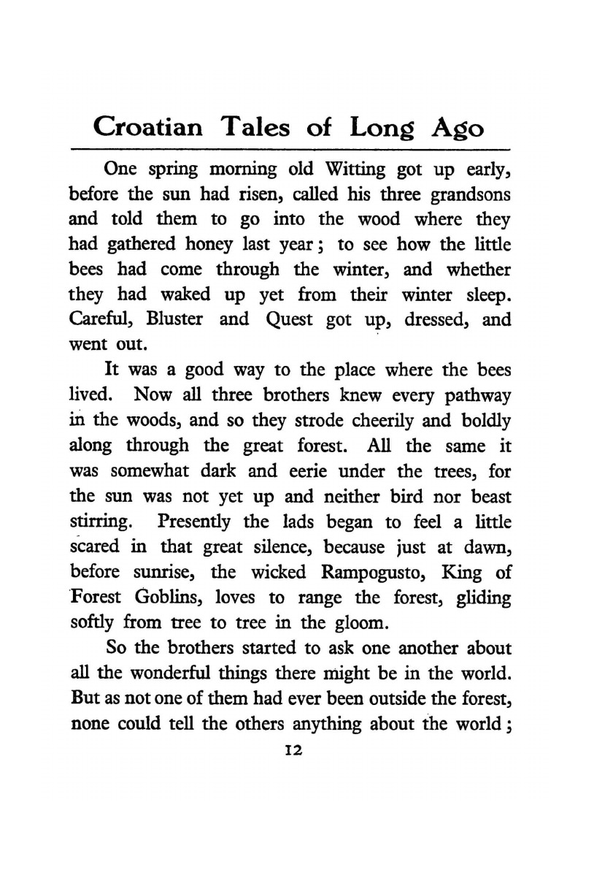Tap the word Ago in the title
456,128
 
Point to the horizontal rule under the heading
291,148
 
